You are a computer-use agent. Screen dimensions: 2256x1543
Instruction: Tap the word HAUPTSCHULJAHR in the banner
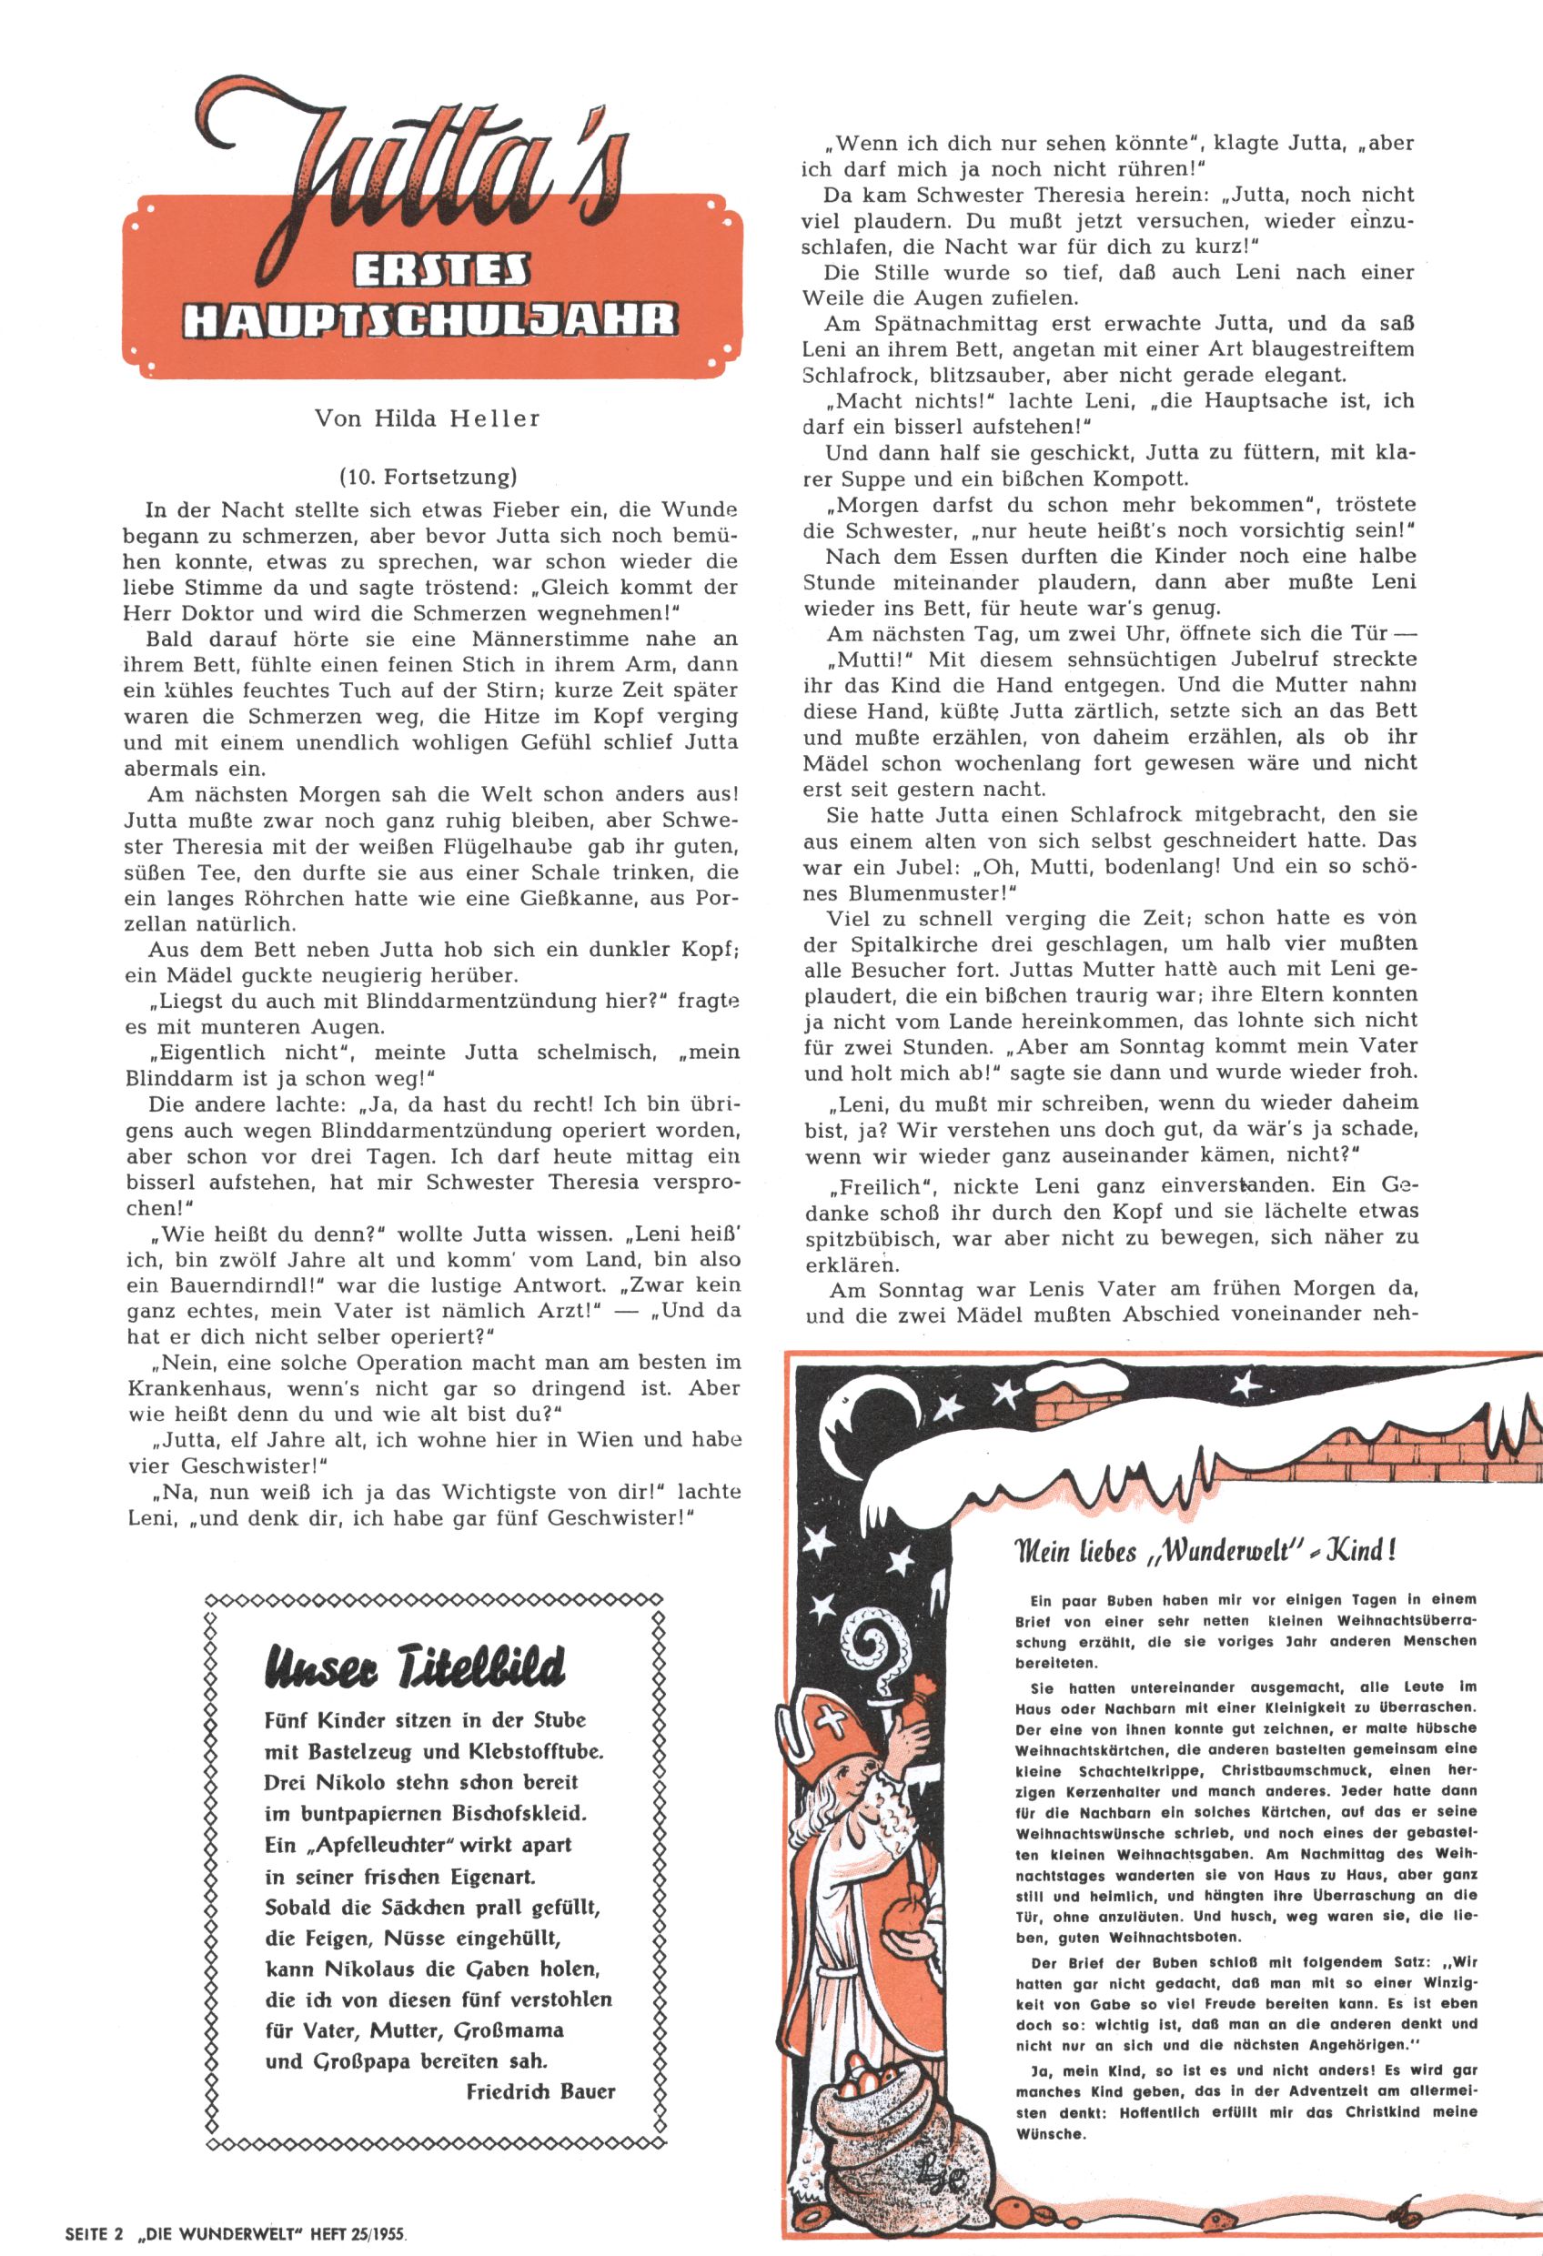pyautogui.click(x=430, y=320)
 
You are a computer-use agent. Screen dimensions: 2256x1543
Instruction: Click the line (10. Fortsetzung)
pyautogui.click(x=429, y=477)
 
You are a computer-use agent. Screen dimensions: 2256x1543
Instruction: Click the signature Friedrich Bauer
pyautogui.click(x=540, y=2090)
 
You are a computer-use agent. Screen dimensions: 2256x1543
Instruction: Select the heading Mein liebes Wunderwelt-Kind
pyautogui.click(x=1204, y=1550)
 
